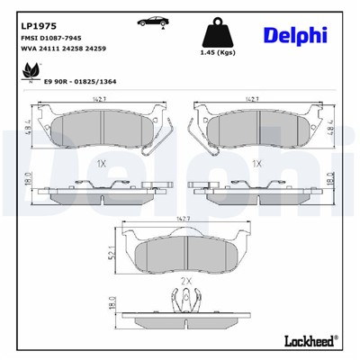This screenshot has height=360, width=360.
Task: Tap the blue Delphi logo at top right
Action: (294, 35)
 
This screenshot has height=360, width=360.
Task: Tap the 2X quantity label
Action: (187, 282)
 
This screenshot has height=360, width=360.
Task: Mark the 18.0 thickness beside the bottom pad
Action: (111, 305)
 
